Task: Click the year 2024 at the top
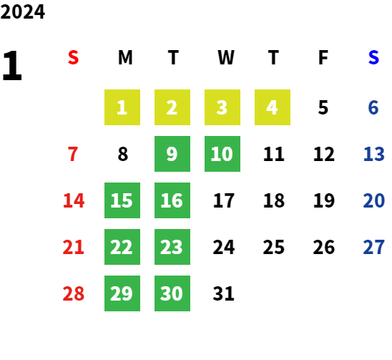tap(23, 11)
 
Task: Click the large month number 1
tap(12, 65)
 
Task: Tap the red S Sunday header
tap(73, 57)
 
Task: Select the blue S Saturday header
tap(373, 57)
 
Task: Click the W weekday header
tap(226, 57)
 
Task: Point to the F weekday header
tap(323, 57)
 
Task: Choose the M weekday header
tap(125, 57)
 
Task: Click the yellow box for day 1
tap(122, 107)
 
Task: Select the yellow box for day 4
tap(273, 107)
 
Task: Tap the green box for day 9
tap(172, 154)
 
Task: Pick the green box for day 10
tap(222, 154)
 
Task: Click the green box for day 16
tap(172, 200)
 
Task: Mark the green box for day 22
tap(122, 247)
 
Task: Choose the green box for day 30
tap(172, 293)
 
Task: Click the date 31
tap(223, 293)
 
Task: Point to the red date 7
tap(73, 154)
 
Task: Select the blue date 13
tap(373, 154)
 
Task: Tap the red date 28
tap(73, 293)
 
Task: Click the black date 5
tap(323, 107)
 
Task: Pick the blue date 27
tap(373, 247)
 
